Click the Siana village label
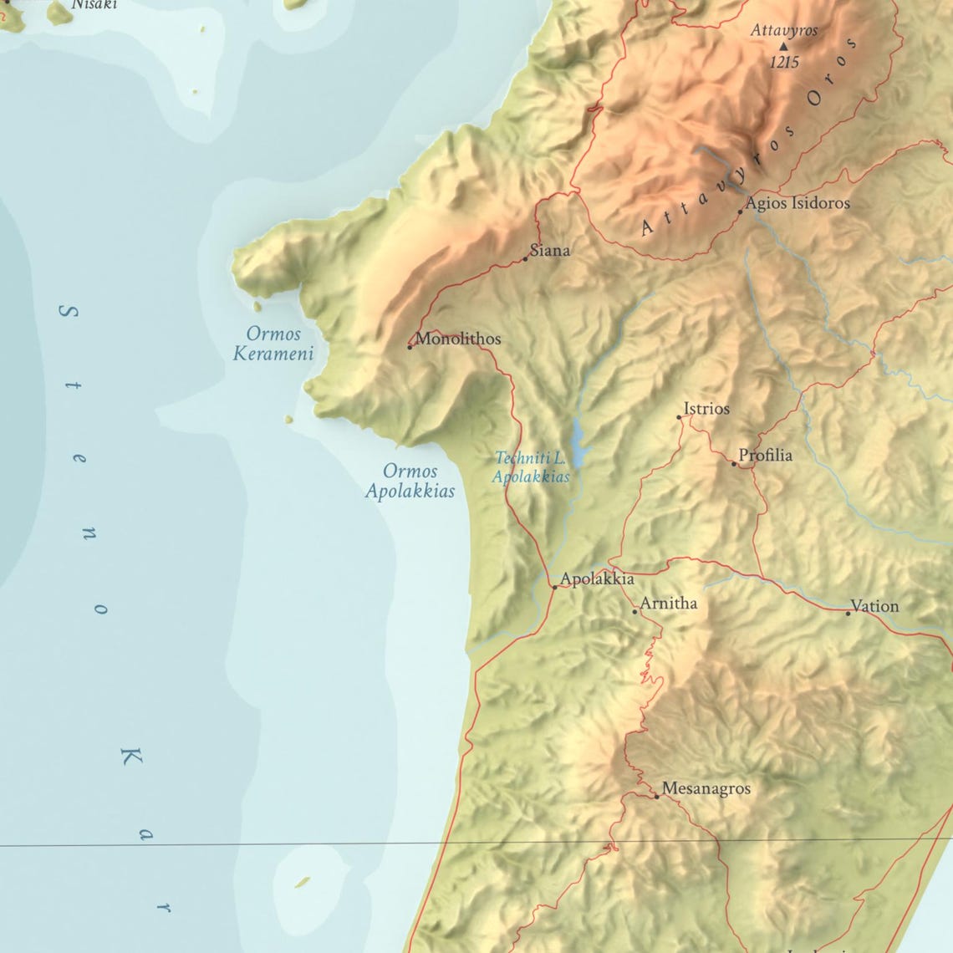pyautogui.click(x=550, y=250)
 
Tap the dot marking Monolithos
pyautogui.click(x=410, y=346)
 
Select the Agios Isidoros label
pyautogui.click(x=798, y=203)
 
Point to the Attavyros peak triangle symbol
pyautogui.click(x=783, y=47)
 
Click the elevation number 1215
pyautogui.click(x=784, y=63)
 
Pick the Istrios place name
pyautogui.click(x=706, y=409)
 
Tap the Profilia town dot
pyautogui.click(x=734, y=463)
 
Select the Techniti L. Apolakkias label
pyautogui.click(x=532, y=467)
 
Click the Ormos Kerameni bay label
pyautogui.click(x=273, y=344)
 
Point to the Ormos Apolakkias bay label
pyautogui.click(x=410, y=481)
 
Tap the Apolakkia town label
pyautogui.click(x=597, y=578)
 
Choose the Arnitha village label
pyautogui.click(x=668, y=603)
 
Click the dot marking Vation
pyautogui.click(x=848, y=614)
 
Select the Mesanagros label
pyautogui.click(x=706, y=788)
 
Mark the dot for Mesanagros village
pyautogui.click(x=656, y=797)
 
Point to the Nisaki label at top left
pyautogui.click(x=94, y=4)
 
